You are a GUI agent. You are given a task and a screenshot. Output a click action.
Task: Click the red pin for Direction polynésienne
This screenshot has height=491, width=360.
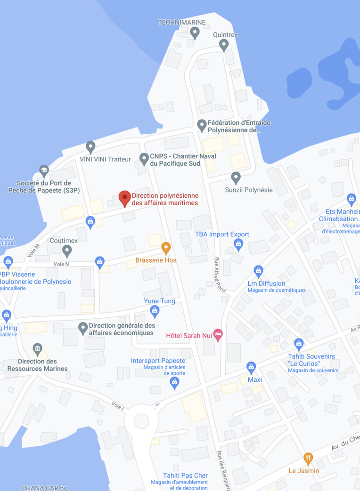click(x=124, y=198)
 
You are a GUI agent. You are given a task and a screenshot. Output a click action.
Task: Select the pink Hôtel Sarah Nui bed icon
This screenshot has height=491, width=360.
click(x=218, y=335)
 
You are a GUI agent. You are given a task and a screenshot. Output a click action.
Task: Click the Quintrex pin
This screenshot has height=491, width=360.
click(x=224, y=45)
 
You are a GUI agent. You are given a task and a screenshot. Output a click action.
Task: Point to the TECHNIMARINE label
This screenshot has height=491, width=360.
click(x=181, y=22)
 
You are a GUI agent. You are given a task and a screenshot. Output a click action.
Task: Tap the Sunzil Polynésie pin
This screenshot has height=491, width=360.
click(x=236, y=178)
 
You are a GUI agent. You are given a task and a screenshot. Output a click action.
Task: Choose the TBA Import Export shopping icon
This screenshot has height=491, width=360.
click(x=238, y=244)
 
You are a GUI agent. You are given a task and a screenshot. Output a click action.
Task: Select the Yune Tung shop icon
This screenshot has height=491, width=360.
click(x=155, y=311)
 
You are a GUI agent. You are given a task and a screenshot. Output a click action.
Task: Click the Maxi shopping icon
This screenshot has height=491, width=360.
click(x=251, y=367)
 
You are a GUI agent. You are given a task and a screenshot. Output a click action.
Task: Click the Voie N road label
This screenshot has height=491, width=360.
click(x=61, y=264)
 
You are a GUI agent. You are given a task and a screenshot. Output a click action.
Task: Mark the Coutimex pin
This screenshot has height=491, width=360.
click(x=67, y=251)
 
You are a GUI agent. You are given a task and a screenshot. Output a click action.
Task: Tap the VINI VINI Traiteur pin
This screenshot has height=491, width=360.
click(x=90, y=147)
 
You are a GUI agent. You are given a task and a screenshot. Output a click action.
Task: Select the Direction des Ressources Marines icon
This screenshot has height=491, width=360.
click(x=38, y=349)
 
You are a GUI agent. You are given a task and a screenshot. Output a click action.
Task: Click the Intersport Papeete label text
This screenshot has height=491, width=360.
click(x=158, y=361)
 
